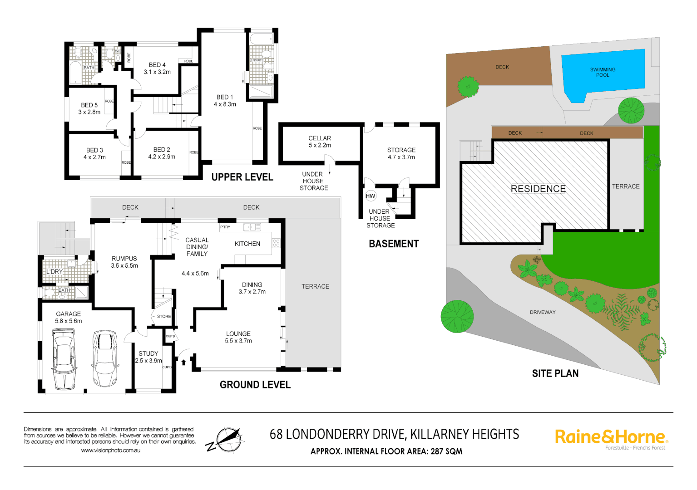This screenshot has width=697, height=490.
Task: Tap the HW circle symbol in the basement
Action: [x=371, y=196]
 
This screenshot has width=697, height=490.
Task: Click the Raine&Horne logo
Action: [x=611, y=437]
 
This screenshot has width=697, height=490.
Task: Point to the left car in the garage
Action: [x=64, y=359]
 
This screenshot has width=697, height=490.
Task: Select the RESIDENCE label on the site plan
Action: [x=538, y=189]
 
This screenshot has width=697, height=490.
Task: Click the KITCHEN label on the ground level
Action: [x=247, y=244]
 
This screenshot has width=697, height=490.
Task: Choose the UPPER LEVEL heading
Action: [x=242, y=177]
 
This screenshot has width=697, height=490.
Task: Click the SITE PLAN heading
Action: [x=555, y=373]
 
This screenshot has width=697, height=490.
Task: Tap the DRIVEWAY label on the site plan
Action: [x=543, y=312]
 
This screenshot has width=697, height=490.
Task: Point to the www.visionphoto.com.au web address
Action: [x=110, y=451]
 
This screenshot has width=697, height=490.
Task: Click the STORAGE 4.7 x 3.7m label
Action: [x=401, y=153]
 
